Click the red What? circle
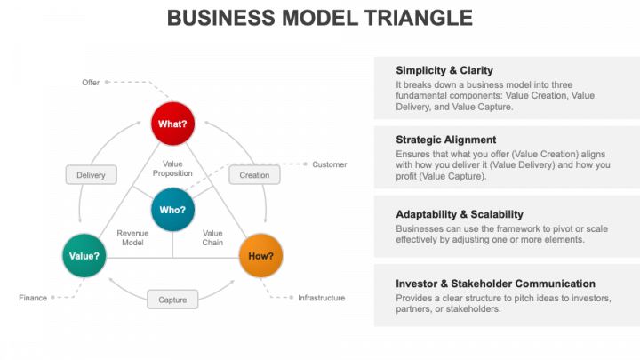[172, 124]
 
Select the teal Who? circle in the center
[172, 211]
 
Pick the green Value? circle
[84, 256]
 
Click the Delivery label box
[91, 175]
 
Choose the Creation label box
[254, 175]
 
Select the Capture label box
[172, 300]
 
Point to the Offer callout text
[91, 82]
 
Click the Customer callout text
[329, 164]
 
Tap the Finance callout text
[33, 298]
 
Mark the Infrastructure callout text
[321, 298]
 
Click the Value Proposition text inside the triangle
[172, 169]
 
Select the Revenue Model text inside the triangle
[132, 237]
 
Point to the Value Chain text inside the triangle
[213, 237]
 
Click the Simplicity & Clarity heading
[444, 71]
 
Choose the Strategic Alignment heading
[445, 140]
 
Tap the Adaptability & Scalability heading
[459, 214]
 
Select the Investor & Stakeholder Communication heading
[495, 284]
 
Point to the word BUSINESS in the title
[219, 18]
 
